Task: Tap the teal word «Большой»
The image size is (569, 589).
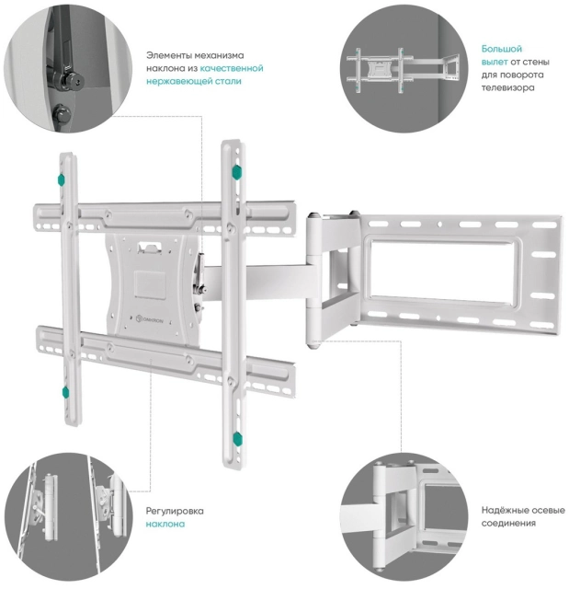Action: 502,48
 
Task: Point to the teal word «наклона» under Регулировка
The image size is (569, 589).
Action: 165,524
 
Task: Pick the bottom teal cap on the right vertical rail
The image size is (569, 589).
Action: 236,438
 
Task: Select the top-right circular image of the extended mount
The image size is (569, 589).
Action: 405,69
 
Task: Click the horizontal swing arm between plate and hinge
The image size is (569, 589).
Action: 257,277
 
